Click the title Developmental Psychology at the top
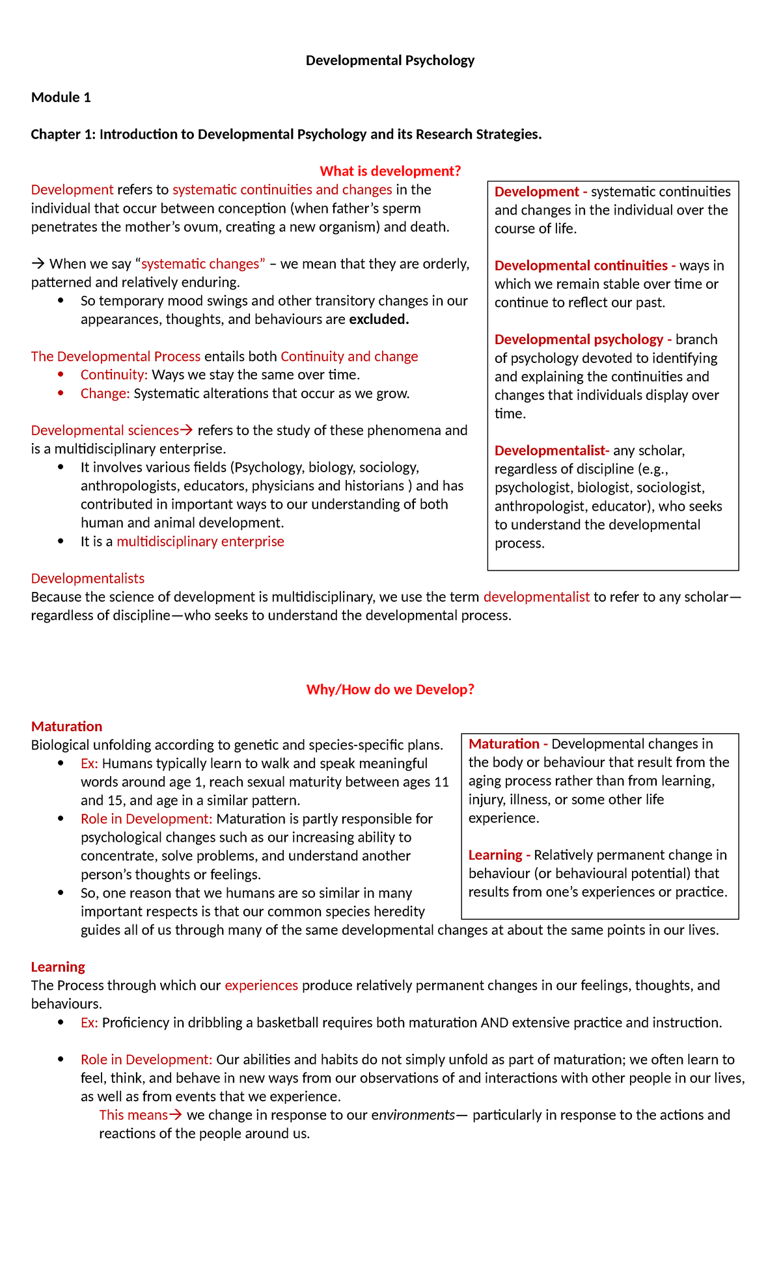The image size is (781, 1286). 390,60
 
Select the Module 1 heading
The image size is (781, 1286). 61,98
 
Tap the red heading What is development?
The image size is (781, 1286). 390,171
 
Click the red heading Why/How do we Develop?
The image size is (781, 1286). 390,690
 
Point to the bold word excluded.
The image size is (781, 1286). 379,319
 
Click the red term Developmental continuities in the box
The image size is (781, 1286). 581,265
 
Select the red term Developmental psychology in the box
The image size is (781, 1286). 579,340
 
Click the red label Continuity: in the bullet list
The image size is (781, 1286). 114,375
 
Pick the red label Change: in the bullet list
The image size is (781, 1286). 105,394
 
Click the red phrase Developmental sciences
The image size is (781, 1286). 105,431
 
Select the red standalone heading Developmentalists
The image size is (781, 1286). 88,579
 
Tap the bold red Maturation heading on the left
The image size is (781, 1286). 66,727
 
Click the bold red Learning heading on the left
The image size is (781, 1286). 58,967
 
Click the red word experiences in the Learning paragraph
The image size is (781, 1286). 261,985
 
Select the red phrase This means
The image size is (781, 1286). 133,1115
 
